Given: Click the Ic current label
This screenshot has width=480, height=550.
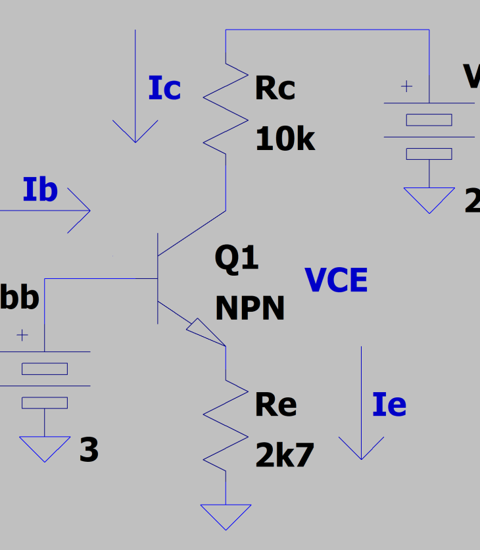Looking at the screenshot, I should pos(164,89).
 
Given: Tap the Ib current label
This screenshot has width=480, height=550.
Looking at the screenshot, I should pos(40,190).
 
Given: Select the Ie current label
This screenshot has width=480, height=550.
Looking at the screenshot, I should pos(389,405).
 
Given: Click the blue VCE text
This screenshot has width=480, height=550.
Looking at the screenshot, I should pos(336,281).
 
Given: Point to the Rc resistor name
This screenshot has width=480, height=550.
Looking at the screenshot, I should pos(275,89).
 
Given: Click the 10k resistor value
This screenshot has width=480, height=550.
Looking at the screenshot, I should pos(285,139).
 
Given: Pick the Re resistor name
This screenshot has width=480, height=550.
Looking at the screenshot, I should pos(276,405).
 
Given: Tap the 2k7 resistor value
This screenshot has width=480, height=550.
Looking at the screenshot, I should pos(285,455).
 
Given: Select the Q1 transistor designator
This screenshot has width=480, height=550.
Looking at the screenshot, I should pos(237,258).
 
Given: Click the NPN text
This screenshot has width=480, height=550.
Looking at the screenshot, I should pos(250,308).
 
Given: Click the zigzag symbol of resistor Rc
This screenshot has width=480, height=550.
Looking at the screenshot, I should pos(226,109).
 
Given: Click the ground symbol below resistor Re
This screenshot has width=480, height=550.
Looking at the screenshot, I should pos(226,515).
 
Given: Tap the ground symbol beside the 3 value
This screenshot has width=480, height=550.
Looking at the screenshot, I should pos(45,447).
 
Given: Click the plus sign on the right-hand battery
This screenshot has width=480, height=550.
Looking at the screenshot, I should pos(407,86).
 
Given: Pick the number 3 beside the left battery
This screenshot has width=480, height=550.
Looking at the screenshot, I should pos(89,451).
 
